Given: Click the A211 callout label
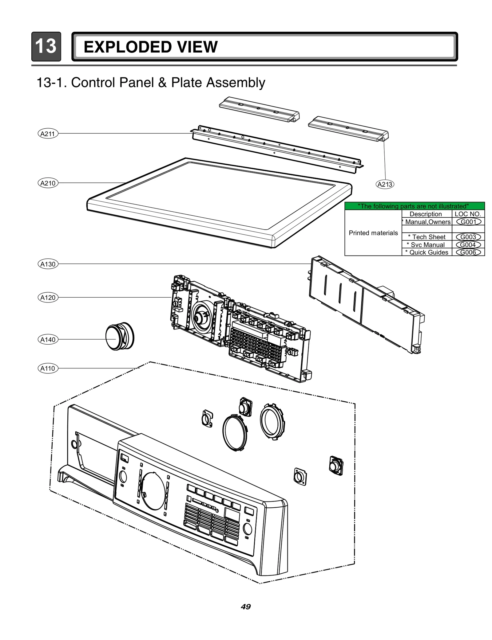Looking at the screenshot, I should tap(48, 134).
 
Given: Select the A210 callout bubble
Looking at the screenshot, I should tap(48, 183).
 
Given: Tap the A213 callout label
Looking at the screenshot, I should tap(385, 184).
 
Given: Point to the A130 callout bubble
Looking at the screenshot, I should tap(48, 264).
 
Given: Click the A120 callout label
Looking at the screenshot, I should tap(48, 298).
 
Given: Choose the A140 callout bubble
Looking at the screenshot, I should tap(48, 340).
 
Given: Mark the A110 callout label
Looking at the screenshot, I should tap(48, 368).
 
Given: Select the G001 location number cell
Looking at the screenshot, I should tap(468, 222).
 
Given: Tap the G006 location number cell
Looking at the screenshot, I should tap(468, 252).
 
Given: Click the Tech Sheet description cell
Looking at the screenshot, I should tap(427, 237).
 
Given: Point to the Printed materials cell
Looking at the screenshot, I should tap(373, 233).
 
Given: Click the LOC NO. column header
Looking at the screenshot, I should tap(468, 214).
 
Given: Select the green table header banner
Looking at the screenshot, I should tap(414, 206).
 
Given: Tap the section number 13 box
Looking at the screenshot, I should tap(46, 47).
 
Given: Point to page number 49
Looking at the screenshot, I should tap(246, 607).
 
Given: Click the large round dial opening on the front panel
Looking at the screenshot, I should tap(154, 491).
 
